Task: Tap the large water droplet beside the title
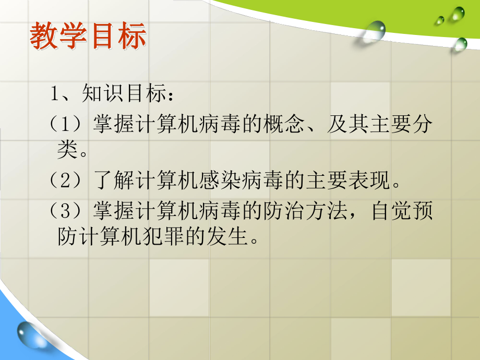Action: [x=375, y=31]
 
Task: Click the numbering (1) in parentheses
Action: [x=68, y=126]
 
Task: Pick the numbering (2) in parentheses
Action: [x=68, y=182]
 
